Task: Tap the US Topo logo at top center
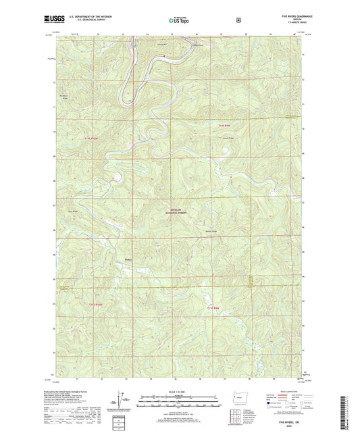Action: [180, 21]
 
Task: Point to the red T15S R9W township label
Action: [214, 308]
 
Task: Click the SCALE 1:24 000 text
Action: [179, 391]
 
